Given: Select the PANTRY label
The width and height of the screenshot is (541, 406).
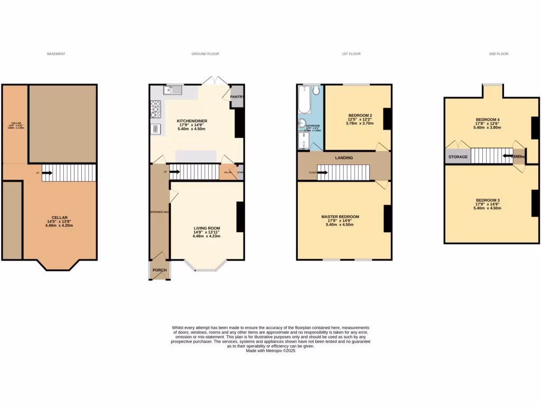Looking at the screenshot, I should tap(237, 97).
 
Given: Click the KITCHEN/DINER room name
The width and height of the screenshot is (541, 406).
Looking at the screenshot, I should tap(192, 121).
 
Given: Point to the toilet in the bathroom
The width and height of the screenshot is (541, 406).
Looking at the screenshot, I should tap(316, 91).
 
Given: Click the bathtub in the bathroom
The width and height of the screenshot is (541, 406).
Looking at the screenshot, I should tap(303, 100).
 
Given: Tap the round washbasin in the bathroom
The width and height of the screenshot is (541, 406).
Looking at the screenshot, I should tap(302, 124).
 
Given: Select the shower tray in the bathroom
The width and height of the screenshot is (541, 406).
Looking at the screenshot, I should tap(303, 141).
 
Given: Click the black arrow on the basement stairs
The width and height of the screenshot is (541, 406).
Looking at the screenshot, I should tap(47, 172).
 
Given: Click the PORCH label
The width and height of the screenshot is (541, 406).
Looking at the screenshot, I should tap(160, 270).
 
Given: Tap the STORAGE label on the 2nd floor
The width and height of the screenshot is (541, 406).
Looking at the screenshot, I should tap(458, 157).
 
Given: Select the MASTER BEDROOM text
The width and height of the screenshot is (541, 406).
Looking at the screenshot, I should tap(340, 217).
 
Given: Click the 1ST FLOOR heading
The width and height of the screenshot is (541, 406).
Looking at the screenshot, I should tap(351, 54).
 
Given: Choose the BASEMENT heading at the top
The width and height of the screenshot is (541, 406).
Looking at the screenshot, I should tap(56, 54).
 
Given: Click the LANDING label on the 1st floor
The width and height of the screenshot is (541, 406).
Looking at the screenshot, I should tap(344, 158).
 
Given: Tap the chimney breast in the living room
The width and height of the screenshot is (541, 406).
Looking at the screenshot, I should tap(240, 217).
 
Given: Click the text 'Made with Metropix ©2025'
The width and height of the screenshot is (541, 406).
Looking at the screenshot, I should tap(270, 350).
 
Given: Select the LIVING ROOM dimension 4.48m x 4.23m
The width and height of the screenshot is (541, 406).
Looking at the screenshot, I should tap(206, 236).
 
